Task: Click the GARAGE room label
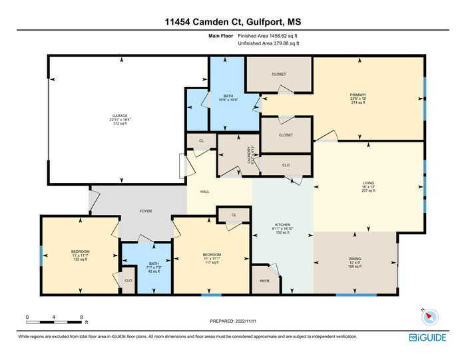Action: coord(120,115)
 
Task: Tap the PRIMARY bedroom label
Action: coord(358,95)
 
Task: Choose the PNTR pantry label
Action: coord(265,281)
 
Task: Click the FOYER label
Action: coord(145,211)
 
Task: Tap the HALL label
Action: coord(204,191)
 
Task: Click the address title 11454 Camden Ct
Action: coord(232,21)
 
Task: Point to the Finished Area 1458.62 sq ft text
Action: coord(268,35)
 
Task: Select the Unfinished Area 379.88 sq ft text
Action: coord(268,43)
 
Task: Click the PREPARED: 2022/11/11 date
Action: coord(232,321)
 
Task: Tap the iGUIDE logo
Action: coord(427,337)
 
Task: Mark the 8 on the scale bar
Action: coord(81,316)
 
